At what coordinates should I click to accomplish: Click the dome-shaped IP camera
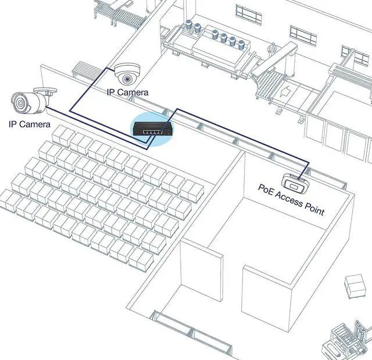126,74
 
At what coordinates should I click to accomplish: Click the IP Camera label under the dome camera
127,92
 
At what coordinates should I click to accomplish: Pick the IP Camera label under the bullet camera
29,124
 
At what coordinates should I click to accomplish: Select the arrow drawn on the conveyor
285,90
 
